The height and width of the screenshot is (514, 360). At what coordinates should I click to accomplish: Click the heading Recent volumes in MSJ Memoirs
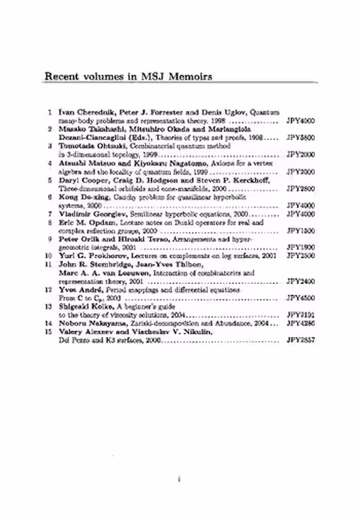coord(129,76)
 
